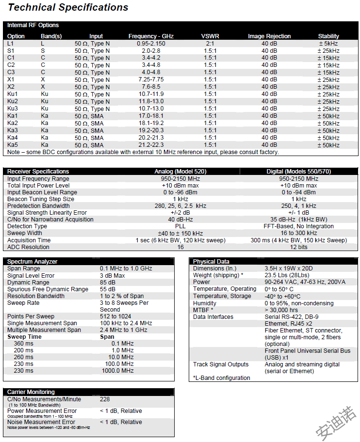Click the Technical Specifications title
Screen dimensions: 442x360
tap(68, 7)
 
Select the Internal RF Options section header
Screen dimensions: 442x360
tap(33, 25)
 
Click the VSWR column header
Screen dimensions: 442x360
tap(210, 36)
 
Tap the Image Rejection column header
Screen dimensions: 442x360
tap(269, 36)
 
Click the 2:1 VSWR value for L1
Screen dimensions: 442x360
tap(210, 44)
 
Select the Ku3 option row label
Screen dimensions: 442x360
tap(13, 109)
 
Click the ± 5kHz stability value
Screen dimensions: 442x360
tap(328, 44)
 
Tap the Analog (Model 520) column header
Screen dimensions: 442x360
tap(180, 172)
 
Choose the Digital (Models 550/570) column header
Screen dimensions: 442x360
tap(298, 172)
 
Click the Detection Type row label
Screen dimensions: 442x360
tap(27, 226)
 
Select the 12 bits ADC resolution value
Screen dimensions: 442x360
tap(298, 247)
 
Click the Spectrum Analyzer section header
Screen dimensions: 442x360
tap(32, 262)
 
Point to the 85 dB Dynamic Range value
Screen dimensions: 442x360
tap(108, 283)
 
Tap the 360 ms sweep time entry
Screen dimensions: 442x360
tap(24, 344)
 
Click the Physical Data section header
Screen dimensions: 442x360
tap(211, 262)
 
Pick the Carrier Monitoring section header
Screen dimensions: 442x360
tap(31, 392)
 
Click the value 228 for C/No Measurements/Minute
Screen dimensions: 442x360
tap(105, 399)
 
